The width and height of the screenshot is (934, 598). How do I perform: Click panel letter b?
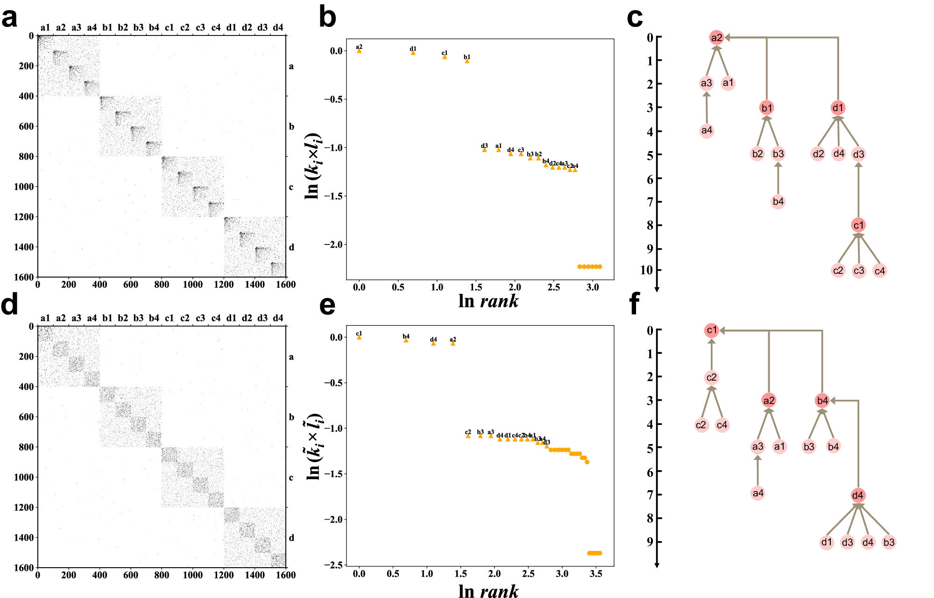327,18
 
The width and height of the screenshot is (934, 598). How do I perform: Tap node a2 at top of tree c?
716,38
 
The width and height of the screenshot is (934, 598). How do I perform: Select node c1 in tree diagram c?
858,225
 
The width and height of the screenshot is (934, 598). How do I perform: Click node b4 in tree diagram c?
778,202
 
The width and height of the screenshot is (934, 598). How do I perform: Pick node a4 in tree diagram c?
707,131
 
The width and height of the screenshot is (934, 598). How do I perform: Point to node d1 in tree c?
838,108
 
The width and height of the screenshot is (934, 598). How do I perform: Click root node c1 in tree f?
711,330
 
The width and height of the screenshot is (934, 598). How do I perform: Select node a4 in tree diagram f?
757,493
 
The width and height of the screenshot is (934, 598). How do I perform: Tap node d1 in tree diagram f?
827,542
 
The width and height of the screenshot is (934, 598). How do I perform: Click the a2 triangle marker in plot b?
359,51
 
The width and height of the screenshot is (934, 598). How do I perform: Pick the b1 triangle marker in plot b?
467,61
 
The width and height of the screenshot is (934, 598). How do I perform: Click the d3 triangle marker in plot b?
484,150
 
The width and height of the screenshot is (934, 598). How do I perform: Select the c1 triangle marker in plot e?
359,337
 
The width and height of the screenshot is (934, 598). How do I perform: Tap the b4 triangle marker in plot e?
406,341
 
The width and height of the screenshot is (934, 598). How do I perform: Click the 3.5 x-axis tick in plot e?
596,574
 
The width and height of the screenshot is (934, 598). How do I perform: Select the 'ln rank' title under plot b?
488,301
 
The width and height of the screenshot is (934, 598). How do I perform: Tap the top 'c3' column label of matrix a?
200,28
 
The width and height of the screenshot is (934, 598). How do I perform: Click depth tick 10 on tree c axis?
646,270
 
